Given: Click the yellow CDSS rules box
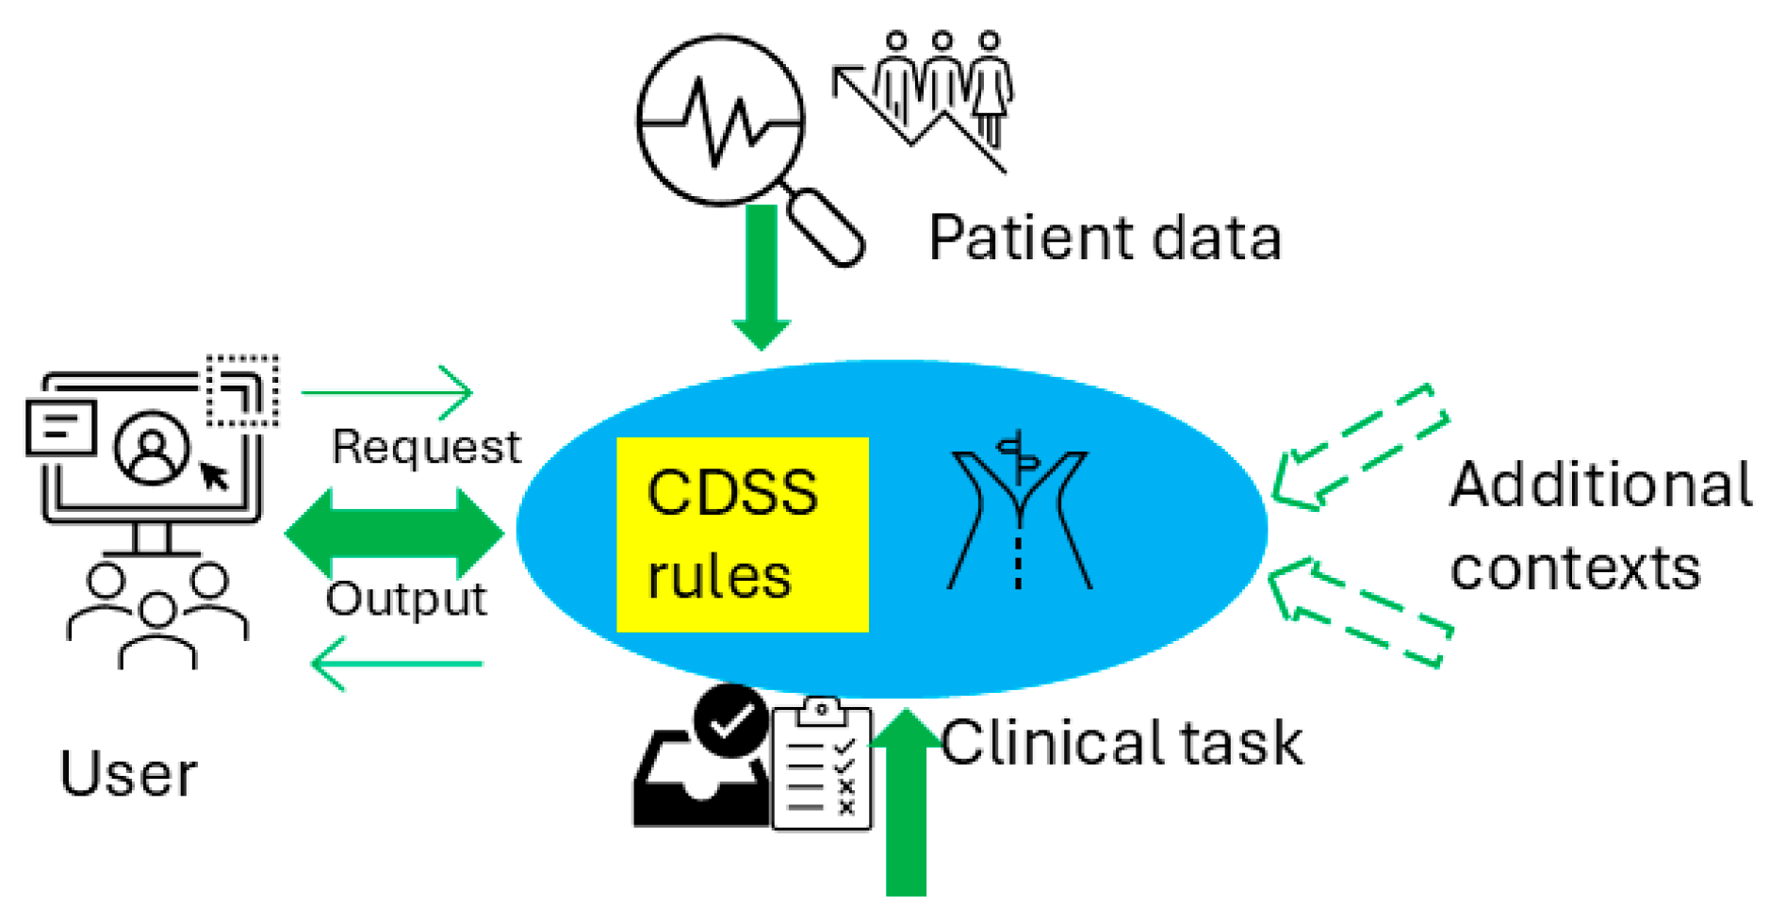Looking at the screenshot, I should pos(742,535).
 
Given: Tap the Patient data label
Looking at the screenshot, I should pos(1104,238).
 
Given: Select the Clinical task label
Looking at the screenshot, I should pos(1121,743).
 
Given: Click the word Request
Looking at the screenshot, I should pos(426,447).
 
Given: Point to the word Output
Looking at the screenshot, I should pos(406,599).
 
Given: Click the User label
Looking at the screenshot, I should pos(128,775).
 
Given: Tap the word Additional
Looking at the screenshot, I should pos(1599,486).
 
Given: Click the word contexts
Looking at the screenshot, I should pos(1575,568).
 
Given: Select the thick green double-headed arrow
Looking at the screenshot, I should pos(394,534).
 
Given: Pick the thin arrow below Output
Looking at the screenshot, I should pos(397,664).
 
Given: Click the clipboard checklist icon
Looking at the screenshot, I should pos(821,766).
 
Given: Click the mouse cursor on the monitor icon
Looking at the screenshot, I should pos(215,476).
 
